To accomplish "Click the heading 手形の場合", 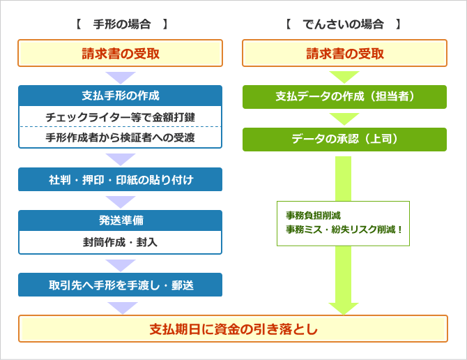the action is point(122,24).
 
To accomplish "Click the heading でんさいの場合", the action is point(343,24).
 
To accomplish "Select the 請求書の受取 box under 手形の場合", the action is point(121,53).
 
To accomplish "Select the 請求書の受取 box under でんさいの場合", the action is point(344,53).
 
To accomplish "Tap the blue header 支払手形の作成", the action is point(121,96).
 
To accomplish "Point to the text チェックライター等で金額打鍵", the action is point(121,117).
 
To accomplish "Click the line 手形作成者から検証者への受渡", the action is point(121,137).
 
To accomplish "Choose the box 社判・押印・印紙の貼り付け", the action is point(121,179).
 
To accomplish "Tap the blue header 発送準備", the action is point(121,220).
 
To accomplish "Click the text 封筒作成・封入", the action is point(121,242).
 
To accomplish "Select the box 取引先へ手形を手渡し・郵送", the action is point(121,285).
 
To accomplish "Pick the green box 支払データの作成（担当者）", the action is point(344,97).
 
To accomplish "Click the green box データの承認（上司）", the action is point(344,140).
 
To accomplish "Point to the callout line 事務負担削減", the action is point(313,215).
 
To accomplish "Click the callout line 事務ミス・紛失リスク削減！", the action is point(344,230).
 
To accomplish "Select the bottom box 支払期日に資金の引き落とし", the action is point(233,329).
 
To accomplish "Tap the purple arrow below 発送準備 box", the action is point(121,266).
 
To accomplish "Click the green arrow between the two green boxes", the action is point(344,119).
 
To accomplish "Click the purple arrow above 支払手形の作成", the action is point(121,78).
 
